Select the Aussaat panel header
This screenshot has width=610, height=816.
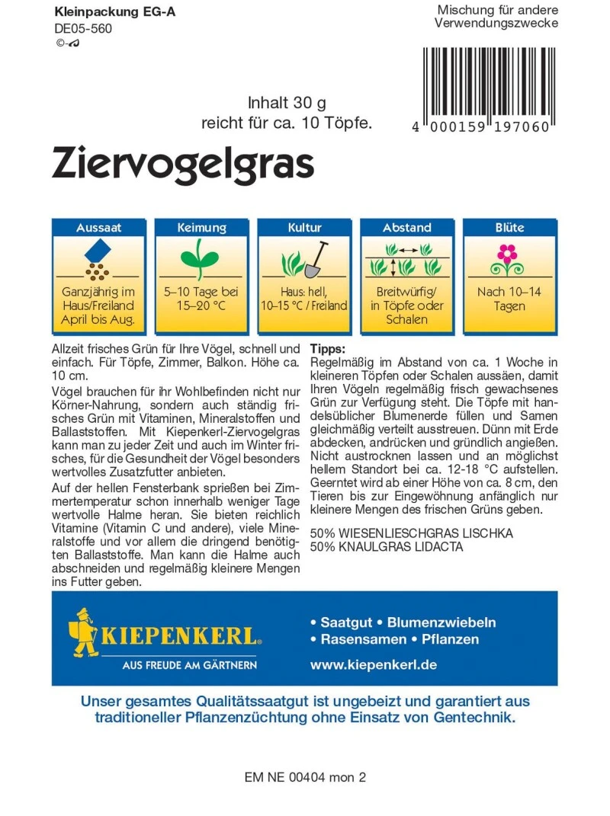tap(98, 227)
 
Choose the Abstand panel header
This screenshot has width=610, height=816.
tap(407, 227)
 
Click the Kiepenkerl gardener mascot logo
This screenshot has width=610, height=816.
tap(85, 632)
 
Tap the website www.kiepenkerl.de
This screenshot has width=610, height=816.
tap(374, 664)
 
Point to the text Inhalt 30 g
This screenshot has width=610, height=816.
tap(287, 103)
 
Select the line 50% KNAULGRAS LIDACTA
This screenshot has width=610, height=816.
tap(387, 546)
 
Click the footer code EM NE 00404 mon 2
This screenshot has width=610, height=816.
tap(306, 778)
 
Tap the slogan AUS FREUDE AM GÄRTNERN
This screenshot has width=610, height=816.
tap(190, 665)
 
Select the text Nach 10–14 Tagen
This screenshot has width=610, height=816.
tap(508, 299)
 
